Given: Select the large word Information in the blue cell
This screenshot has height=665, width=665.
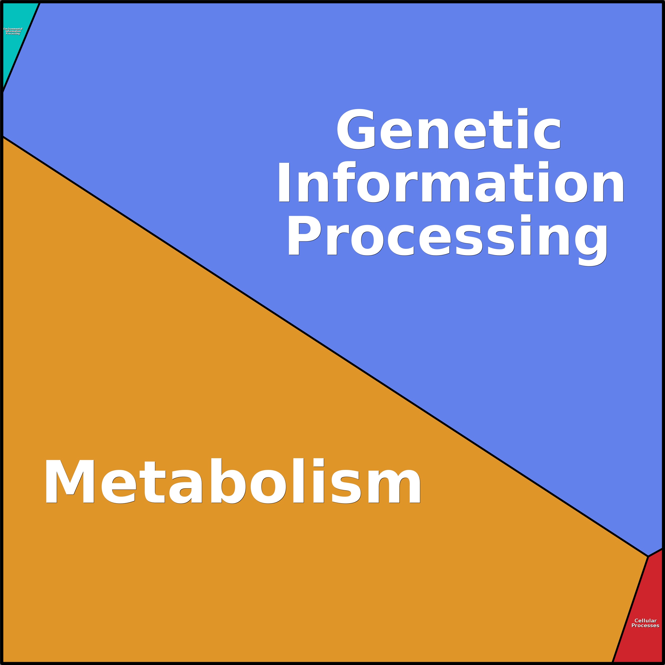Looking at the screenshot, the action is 451,182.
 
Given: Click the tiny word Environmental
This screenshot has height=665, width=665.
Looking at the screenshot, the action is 13,29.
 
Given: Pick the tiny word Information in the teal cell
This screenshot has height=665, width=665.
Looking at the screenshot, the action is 13,31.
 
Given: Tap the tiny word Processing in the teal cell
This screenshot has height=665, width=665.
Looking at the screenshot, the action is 13,34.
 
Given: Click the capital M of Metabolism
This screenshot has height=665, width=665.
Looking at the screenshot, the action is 70,482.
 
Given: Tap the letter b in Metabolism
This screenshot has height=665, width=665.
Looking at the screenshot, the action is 228,481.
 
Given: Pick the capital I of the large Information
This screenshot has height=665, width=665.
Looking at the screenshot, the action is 284,182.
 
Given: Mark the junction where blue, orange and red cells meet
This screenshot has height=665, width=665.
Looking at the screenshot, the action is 648,556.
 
